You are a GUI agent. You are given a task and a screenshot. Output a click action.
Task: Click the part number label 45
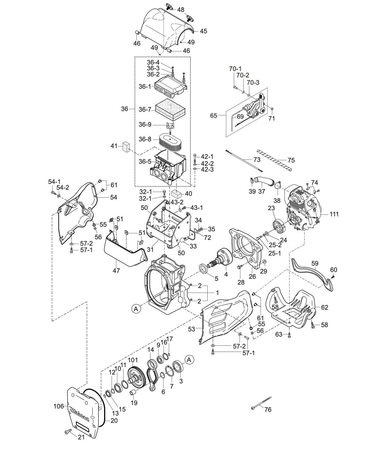click(x=203, y=31)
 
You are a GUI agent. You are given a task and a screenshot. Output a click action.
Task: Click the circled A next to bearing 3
click(x=189, y=360)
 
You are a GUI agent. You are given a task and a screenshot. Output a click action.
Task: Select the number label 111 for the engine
click(x=334, y=214)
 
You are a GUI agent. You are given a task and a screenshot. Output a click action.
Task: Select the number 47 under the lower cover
click(x=116, y=270)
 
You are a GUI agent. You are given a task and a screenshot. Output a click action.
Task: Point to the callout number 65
click(x=214, y=116)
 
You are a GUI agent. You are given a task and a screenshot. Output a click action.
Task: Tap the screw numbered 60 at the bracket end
click(x=333, y=276)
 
